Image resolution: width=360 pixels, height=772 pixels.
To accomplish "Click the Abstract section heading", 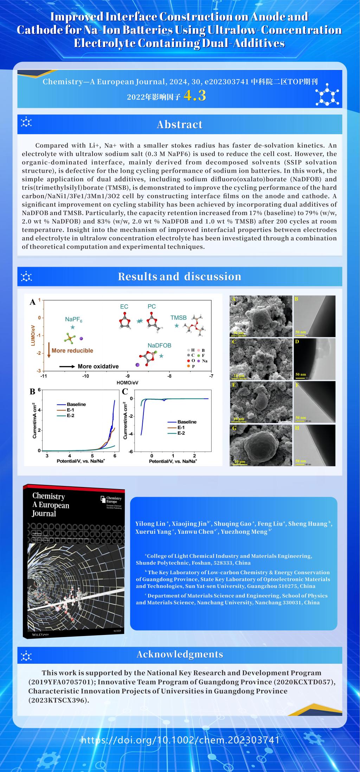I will point(180,124).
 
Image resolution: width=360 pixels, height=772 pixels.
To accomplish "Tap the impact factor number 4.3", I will point(194,96).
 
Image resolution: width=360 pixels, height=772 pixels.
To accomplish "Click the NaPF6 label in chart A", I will point(73,319).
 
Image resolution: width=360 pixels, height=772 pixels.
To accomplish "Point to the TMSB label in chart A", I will point(178,318).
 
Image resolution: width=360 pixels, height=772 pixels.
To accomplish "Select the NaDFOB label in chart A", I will point(159,345).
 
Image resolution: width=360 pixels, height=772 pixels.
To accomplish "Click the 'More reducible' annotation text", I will point(72,350).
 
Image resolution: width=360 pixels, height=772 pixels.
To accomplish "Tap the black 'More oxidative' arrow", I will point(67,366).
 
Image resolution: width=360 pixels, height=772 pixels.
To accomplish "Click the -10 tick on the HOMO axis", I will point(85,376).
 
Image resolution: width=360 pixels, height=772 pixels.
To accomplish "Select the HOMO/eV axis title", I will point(127,382).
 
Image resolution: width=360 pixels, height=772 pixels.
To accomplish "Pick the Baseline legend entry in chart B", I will point(76,404).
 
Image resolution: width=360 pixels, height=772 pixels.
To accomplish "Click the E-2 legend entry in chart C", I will point(181,433).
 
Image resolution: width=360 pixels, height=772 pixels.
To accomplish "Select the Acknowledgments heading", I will point(180,654).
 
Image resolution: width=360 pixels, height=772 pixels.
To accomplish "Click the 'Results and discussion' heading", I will point(180,277).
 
